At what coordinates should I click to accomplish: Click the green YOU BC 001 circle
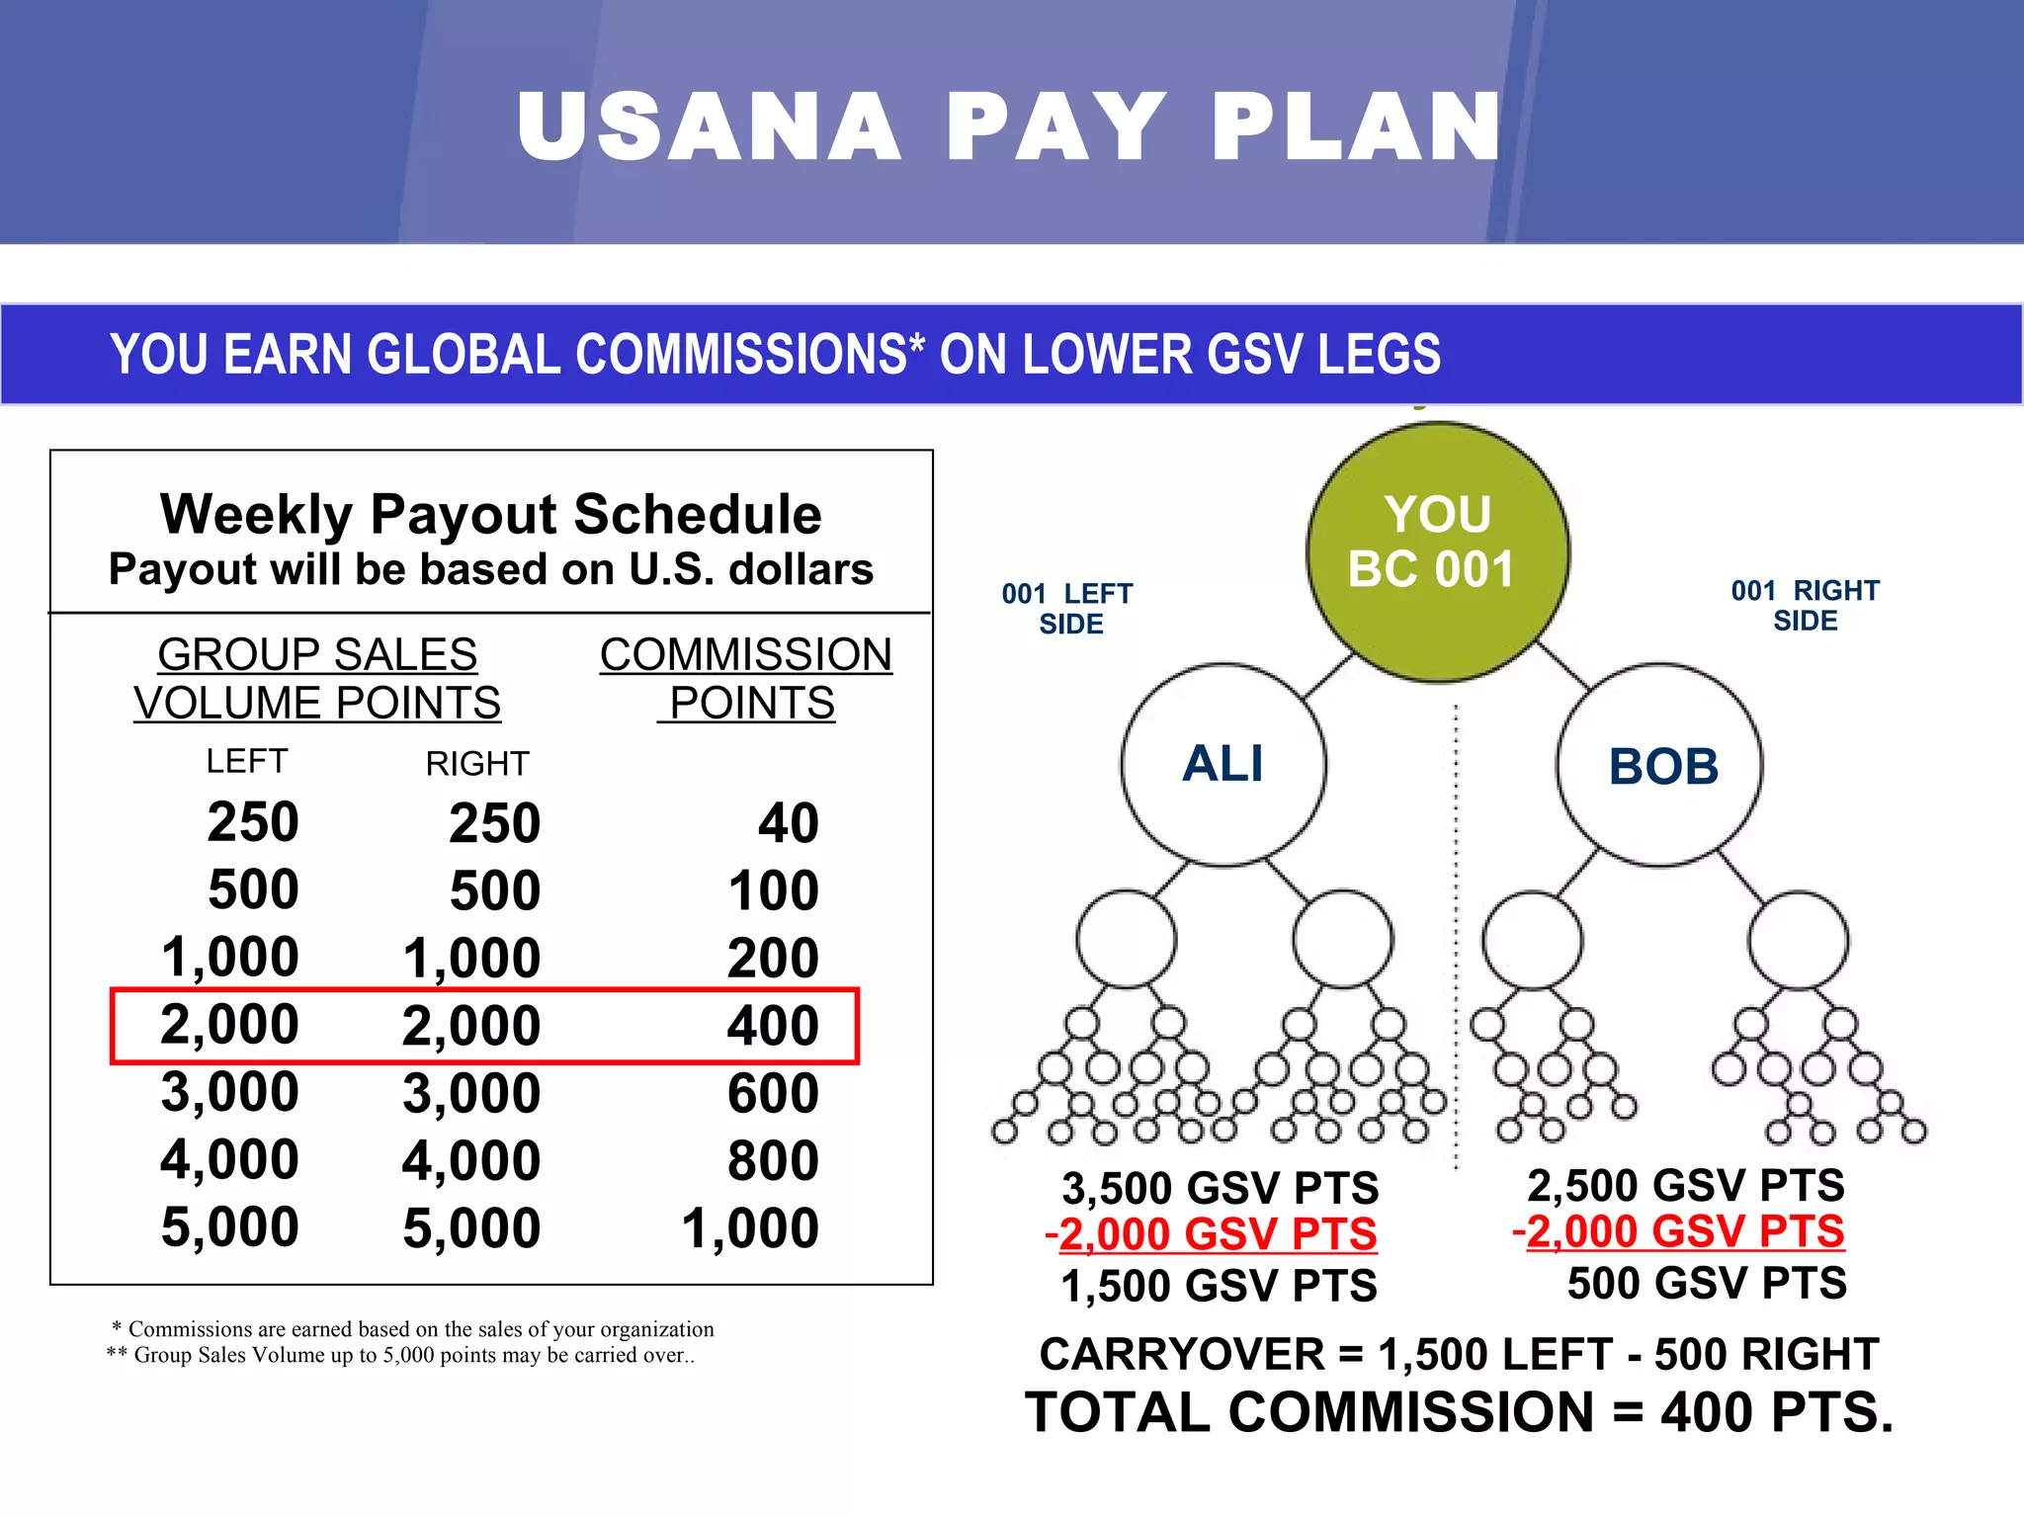[1437, 550]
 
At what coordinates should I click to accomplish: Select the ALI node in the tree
[1223, 764]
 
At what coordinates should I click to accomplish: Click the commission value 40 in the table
[788, 823]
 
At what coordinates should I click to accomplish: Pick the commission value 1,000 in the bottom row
[749, 1228]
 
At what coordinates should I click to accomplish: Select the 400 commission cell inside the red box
[772, 1026]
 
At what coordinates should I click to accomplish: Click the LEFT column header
[247, 761]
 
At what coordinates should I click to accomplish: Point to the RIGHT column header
[477, 764]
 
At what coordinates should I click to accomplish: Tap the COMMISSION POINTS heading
[746, 679]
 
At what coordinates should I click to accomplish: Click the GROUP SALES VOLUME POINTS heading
[317, 679]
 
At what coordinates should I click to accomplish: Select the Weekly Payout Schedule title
[491, 514]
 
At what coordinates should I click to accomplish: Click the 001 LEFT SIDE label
[1068, 609]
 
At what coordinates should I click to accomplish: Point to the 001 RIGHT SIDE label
[1805, 606]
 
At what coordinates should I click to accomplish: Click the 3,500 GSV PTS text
[1220, 1188]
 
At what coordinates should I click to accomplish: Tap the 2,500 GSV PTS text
[1685, 1185]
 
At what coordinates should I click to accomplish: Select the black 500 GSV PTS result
[1706, 1283]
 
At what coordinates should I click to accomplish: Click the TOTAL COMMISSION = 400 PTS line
[1459, 1411]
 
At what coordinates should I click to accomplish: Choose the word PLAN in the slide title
[1356, 126]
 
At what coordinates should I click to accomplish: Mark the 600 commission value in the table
[772, 1093]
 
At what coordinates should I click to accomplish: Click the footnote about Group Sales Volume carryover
[400, 1355]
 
